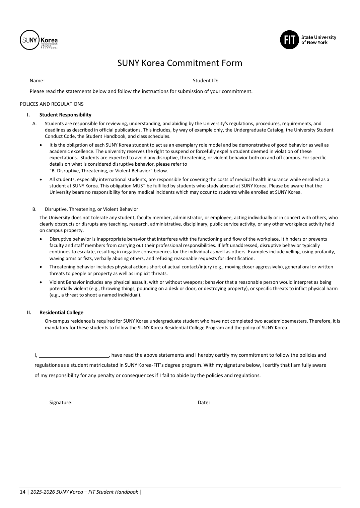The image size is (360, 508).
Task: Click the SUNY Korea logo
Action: coord(39,40)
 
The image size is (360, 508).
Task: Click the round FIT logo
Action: coord(289,40)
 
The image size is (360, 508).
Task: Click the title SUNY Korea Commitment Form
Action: coord(179,63)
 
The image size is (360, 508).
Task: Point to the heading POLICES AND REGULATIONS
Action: coord(52,104)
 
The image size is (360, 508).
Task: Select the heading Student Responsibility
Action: coord(65,115)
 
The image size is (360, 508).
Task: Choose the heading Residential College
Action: coord(61,313)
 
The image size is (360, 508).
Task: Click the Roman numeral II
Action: coord(29,313)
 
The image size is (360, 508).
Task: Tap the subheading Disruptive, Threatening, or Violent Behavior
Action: coord(91,209)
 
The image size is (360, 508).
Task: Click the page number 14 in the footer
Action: coord(22,492)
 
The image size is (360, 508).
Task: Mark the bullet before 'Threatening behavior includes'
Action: coord(41,267)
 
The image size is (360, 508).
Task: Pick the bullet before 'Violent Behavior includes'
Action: coord(41,282)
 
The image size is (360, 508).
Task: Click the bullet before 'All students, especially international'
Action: coord(41,180)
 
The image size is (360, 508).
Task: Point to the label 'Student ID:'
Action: coord(205,81)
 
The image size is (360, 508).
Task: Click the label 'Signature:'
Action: coord(61,403)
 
